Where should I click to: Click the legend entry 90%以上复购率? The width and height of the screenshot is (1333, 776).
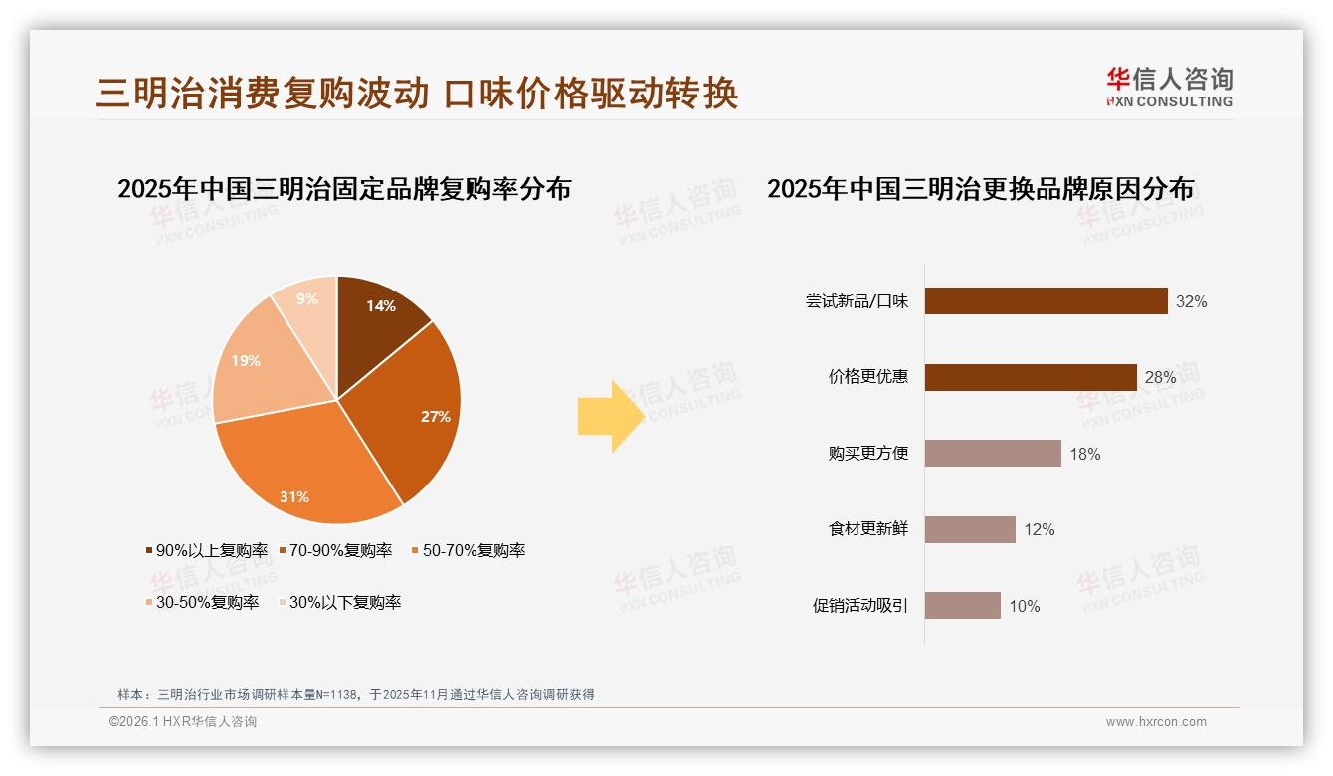[207, 550]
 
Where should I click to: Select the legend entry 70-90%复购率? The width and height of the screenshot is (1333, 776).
[335, 550]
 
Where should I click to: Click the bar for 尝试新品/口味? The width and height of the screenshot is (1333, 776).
[1046, 301]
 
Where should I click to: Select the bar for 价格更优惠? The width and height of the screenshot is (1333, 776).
[1031, 377]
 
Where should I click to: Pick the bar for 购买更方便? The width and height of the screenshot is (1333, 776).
[993, 454]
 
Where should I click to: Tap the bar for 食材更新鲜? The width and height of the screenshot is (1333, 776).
[970, 529]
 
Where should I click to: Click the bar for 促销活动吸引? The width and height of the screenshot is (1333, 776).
[962, 606]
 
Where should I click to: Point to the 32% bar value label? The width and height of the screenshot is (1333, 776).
[1191, 301]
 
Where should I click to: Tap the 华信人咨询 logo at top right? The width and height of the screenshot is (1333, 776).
[1169, 87]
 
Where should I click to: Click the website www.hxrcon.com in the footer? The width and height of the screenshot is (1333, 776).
[1156, 722]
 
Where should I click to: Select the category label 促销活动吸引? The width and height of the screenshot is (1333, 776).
[860, 606]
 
